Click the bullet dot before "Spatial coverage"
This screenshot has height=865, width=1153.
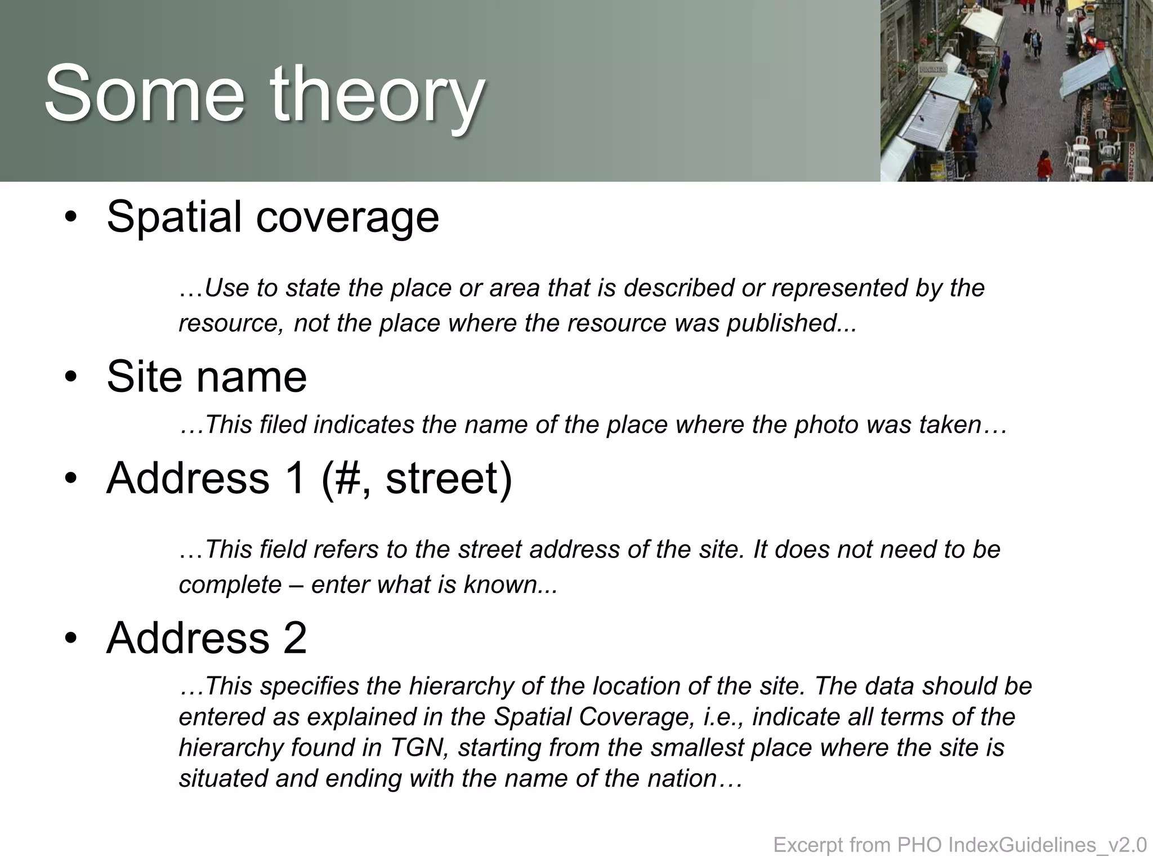tap(70, 217)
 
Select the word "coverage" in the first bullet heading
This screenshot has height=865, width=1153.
tap(347, 217)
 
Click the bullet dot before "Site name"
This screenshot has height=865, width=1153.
tap(70, 377)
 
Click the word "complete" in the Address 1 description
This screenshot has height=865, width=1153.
tap(230, 585)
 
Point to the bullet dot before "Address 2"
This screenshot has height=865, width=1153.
tap(70, 638)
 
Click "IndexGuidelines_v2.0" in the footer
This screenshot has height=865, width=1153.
tap(1047, 845)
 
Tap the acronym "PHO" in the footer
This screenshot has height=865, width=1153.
tap(920, 845)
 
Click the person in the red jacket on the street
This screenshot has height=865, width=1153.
tap(1044, 166)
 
